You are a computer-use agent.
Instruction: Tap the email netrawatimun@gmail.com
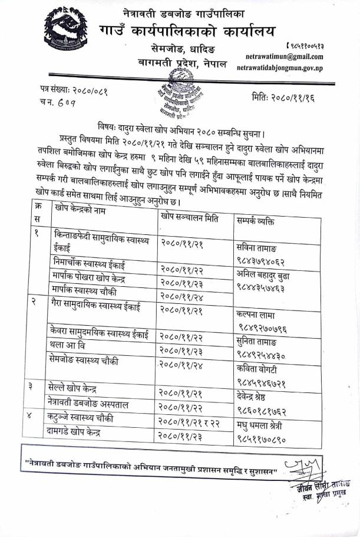(x=286, y=57)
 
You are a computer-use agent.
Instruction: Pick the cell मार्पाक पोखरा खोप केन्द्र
(x=93, y=278)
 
